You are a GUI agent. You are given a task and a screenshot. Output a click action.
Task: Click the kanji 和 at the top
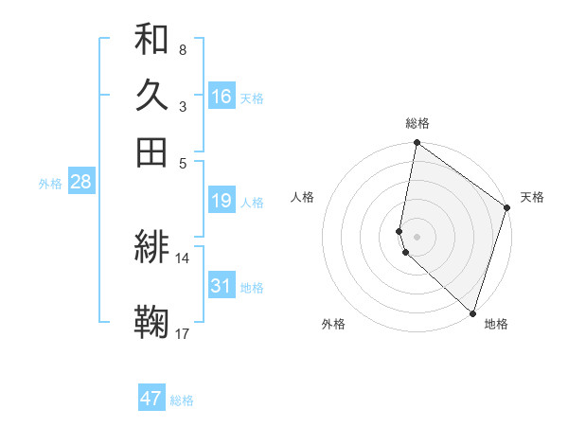pos(151,41)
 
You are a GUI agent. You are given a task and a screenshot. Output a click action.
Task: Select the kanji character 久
pos(151,96)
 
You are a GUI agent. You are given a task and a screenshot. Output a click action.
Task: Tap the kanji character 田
pos(151,151)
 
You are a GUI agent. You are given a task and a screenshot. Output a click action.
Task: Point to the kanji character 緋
pos(151,247)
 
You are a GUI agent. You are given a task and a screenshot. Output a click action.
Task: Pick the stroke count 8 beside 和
pos(182,49)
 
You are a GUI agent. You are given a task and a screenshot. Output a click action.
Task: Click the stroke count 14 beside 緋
pos(183,258)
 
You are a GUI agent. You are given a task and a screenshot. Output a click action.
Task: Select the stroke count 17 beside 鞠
pos(183,332)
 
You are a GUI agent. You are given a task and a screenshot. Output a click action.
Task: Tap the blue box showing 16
pos(222,97)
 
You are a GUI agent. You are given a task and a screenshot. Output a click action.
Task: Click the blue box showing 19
pos(222,201)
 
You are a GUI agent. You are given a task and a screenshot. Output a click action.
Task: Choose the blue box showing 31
pos(222,286)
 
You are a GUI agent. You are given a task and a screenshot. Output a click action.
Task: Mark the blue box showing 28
pos(80,182)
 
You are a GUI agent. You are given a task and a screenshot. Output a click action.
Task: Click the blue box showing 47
pos(151,399)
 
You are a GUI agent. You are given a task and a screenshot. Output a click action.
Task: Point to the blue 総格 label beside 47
pos(182,400)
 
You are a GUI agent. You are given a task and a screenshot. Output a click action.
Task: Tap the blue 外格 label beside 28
pos(50,184)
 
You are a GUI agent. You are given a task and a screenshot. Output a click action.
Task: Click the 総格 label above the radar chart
pos(417,123)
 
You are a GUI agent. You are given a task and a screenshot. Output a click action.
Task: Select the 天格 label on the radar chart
pos(532,197)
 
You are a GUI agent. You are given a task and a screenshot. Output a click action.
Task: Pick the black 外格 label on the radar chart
pos(333,324)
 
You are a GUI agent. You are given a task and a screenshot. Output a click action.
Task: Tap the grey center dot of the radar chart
pos(417,236)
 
